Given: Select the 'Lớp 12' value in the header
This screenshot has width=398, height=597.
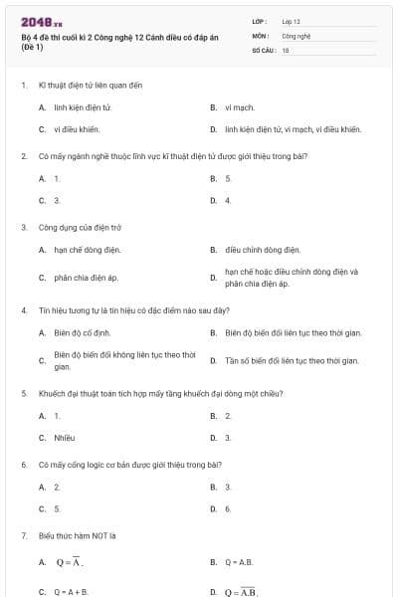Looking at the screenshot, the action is [292, 20].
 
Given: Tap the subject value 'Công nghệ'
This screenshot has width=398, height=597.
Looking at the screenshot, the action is [297, 34].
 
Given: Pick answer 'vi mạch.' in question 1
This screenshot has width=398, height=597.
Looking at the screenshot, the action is [241, 106].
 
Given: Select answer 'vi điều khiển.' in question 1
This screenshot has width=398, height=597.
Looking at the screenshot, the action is [78, 129].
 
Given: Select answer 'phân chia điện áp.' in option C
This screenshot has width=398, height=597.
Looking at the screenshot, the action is [87, 278].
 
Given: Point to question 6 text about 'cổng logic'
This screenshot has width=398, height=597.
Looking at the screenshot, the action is [128, 465].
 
